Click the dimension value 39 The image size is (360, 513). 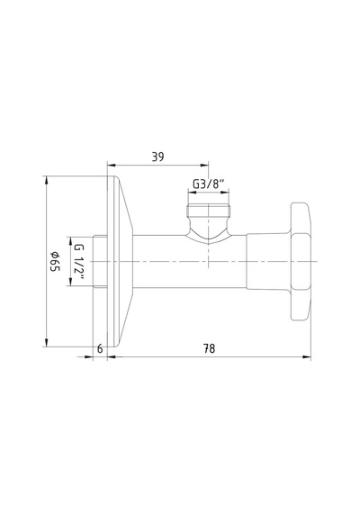pos(157,157)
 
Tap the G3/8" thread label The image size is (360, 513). pos(209,184)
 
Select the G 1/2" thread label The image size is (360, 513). pos(79,262)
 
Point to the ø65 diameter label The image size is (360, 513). pos(55,261)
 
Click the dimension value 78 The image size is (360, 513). pos(209,348)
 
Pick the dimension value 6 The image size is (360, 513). pos(100,349)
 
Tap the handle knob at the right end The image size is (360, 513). pos(301,261)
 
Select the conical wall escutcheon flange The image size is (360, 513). pos(120,261)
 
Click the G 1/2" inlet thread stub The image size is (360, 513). pos(100,261)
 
